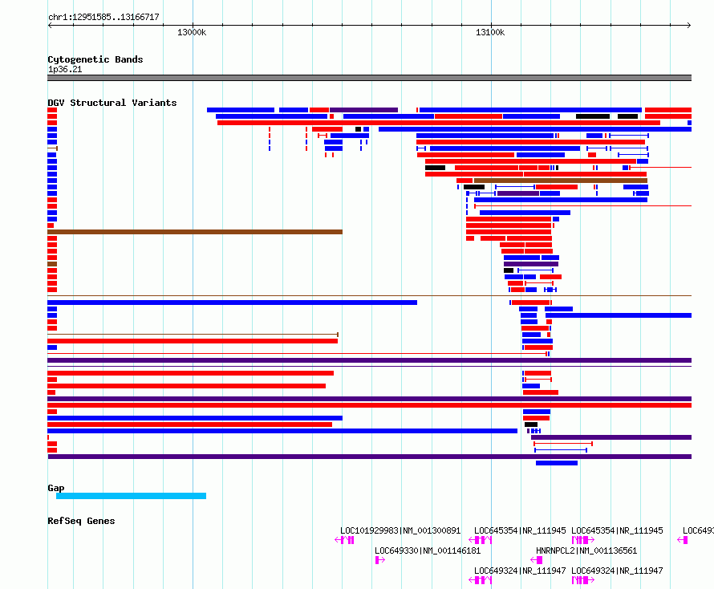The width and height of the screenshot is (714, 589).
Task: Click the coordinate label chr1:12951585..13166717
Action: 103,18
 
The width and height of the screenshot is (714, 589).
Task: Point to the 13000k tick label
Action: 192,32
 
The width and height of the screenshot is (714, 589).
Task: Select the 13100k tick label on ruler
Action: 490,32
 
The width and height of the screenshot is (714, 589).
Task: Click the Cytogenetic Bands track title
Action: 95,59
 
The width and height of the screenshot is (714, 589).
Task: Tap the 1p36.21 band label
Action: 65,69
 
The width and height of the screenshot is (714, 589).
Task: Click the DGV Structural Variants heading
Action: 112,103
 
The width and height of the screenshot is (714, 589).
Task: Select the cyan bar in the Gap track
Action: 131,496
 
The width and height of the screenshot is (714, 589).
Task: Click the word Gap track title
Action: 56,488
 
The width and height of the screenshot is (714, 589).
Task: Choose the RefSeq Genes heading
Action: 81,521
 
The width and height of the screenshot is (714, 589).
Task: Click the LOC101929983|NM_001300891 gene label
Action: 400,530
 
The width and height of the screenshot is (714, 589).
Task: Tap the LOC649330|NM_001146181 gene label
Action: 428,550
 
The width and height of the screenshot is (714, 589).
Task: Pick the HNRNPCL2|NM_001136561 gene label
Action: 586,550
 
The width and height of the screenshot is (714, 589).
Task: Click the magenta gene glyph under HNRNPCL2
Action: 537,560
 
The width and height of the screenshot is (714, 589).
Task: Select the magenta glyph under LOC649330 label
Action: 379,560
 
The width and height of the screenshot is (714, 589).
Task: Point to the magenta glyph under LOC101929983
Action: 344,540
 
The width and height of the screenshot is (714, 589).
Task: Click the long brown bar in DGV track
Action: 195,232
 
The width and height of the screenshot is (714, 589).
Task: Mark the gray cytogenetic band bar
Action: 369,78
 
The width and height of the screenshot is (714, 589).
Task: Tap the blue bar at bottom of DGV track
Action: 557,463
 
